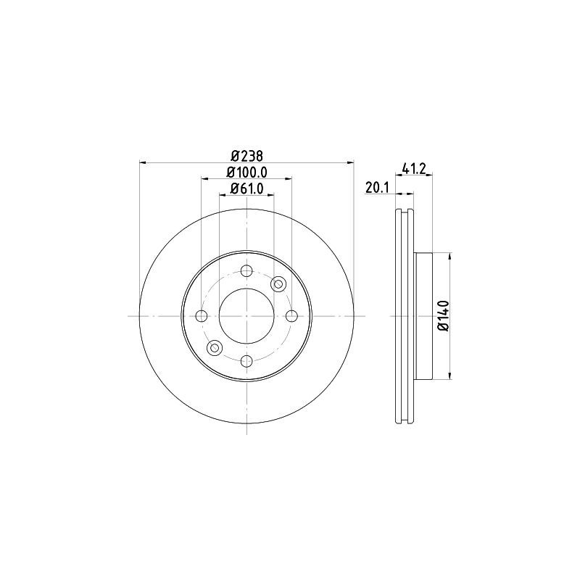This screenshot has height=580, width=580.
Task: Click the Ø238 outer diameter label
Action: pos(246,154)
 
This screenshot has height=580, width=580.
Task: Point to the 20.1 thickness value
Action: pos(378,187)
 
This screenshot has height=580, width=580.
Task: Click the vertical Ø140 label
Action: pos(444,315)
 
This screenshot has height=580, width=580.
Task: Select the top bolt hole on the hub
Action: pos(246,271)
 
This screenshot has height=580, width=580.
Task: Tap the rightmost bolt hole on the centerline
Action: pos(291,315)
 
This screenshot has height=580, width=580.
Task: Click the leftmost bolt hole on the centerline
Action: pos(202,315)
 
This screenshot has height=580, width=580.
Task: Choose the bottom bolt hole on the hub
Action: pos(246,360)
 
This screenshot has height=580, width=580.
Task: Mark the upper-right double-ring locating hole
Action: pos(278,284)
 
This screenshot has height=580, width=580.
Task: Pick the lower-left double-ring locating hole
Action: pos(214,348)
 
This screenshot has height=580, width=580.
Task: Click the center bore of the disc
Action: pos(246,315)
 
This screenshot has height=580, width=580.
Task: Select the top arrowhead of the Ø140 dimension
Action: pos(451,257)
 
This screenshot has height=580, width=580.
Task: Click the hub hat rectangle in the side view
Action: pos(423,315)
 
